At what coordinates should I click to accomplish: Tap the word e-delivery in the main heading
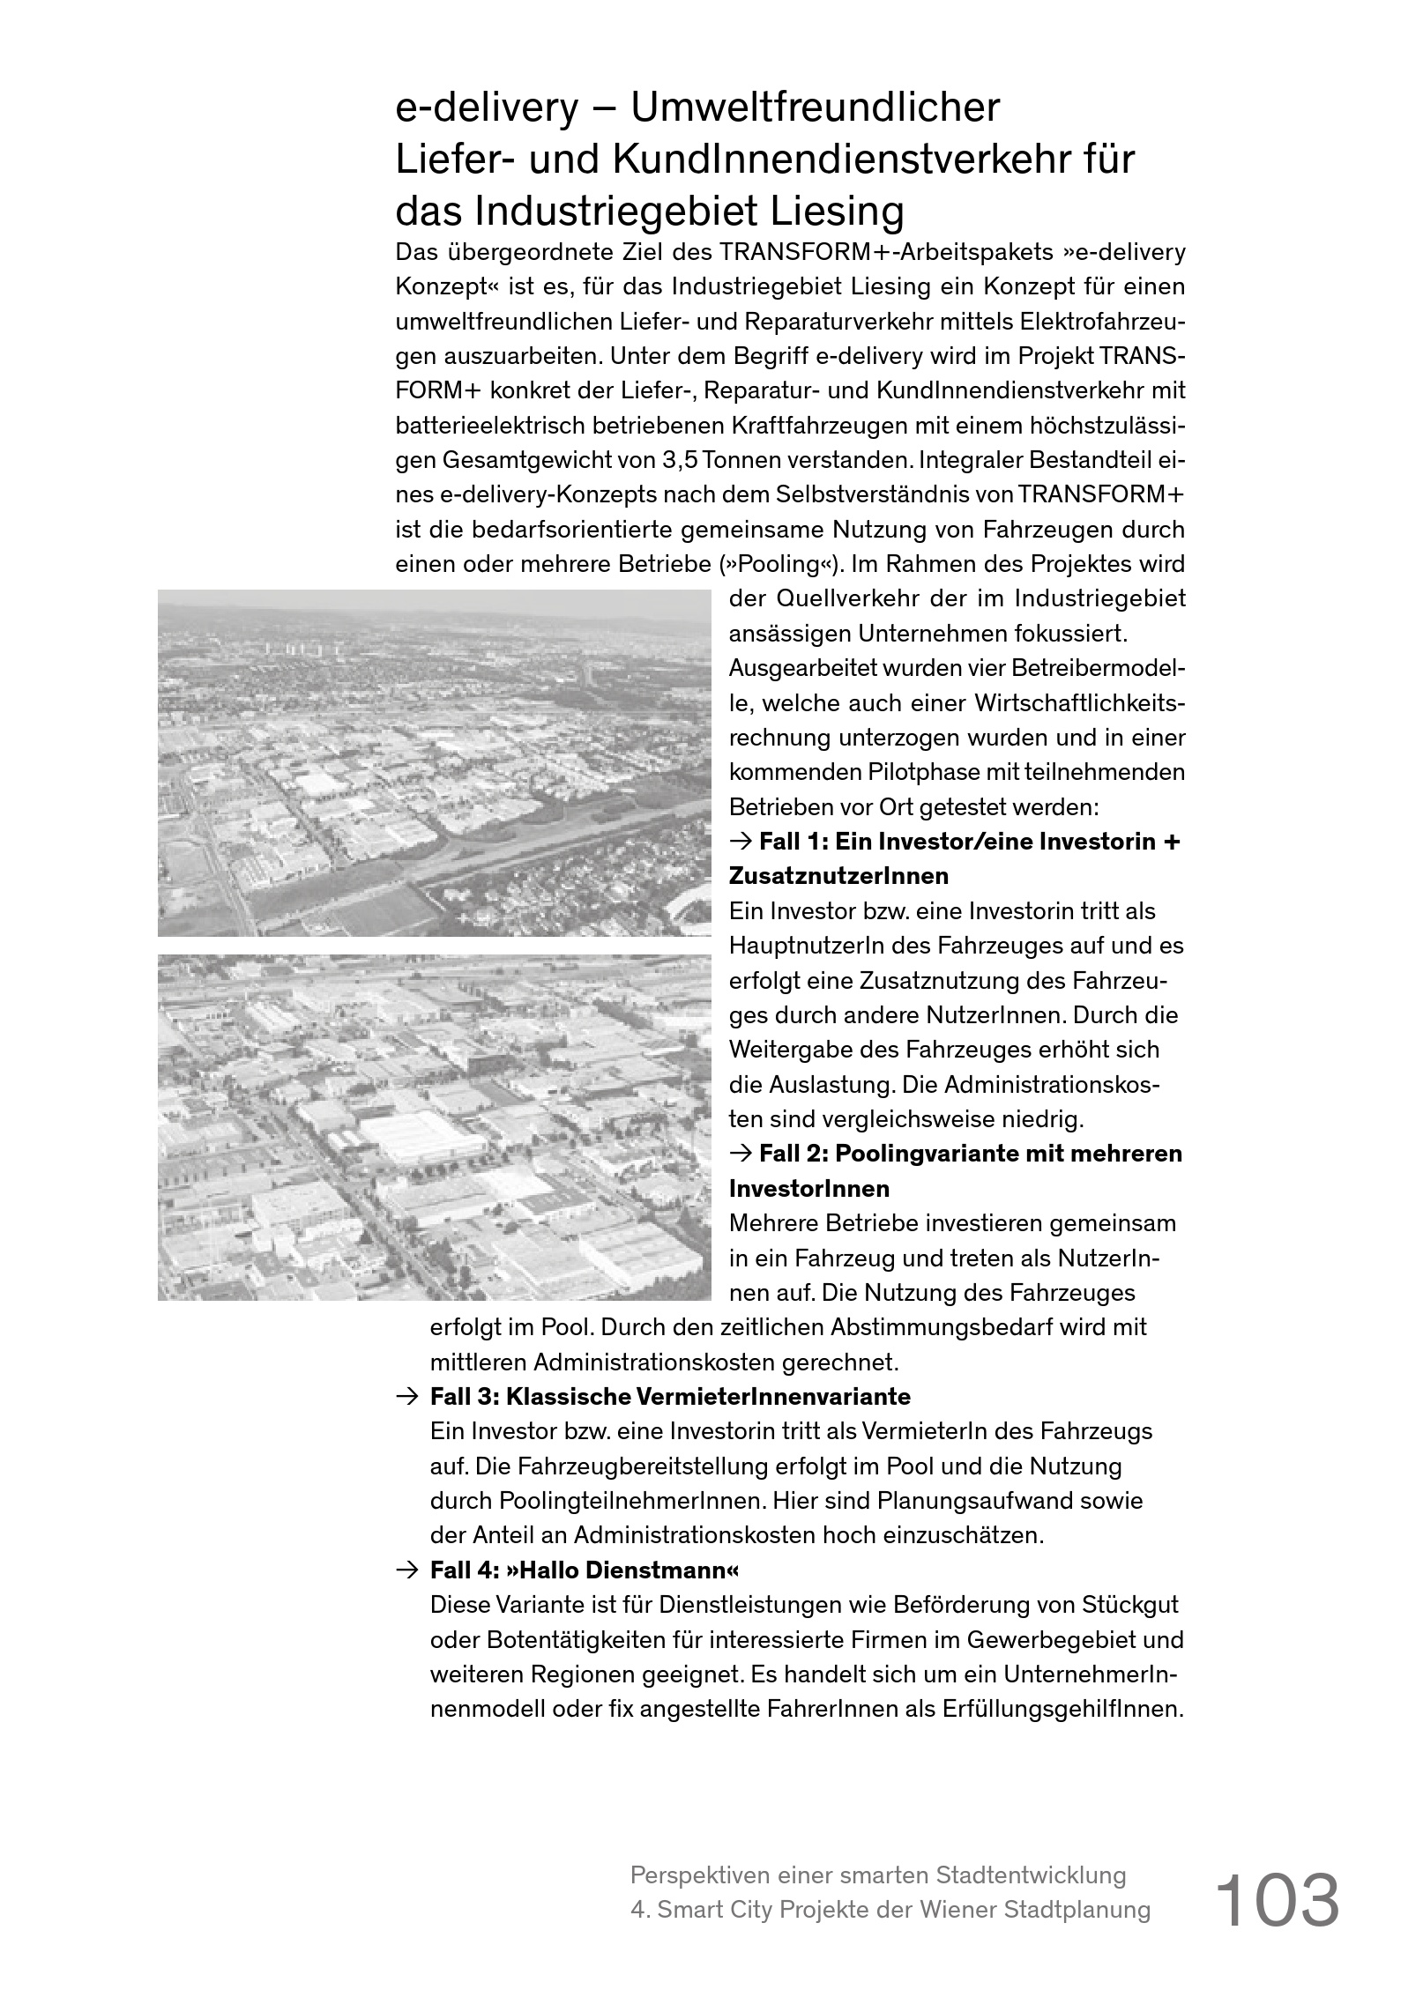[x=486, y=108]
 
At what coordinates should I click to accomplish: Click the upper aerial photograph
[x=434, y=763]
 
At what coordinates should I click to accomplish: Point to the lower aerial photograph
[x=434, y=1127]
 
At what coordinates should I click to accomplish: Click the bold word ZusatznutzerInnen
[x=838, y=877]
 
